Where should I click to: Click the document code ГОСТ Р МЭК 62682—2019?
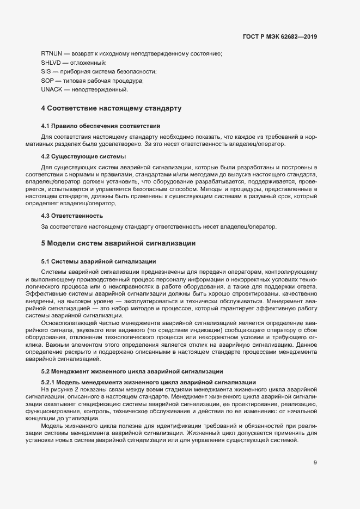279,37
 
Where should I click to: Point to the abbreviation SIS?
46,71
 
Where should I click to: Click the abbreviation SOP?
47,81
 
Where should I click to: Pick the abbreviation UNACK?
52,89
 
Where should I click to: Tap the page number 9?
315,463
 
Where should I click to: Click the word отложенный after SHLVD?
84,63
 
